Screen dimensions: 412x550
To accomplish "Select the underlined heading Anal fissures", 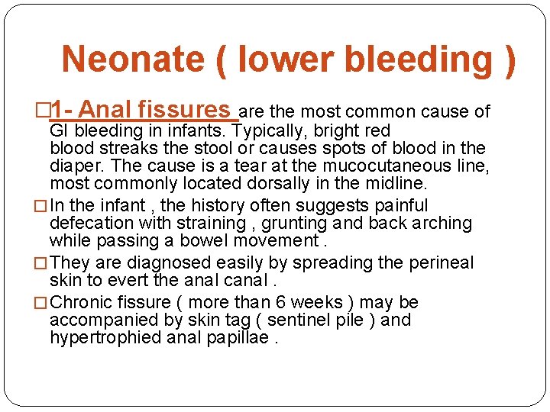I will click(x=154, y=111).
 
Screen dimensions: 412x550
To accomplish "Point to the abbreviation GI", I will click(x=60, y=130).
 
